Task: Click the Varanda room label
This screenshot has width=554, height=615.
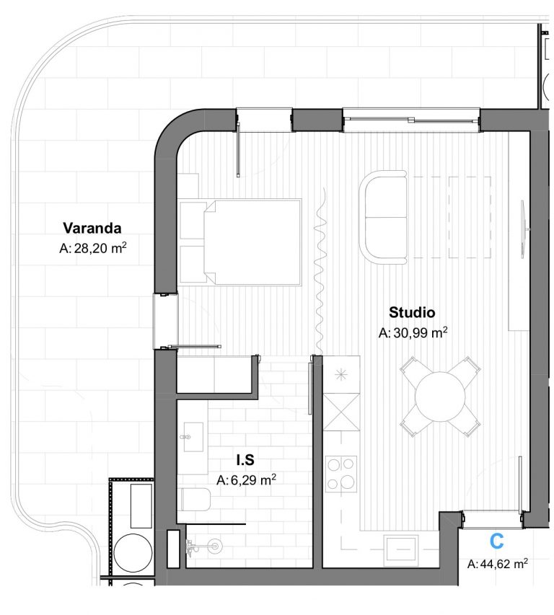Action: [92, 228]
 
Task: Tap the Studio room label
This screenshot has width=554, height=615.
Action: [412, 312]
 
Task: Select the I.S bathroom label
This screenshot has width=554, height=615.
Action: [245, 460]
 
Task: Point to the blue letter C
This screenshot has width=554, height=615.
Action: [497, 541]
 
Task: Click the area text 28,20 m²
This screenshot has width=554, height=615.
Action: [100, 248]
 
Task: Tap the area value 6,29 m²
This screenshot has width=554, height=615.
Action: [253, 479]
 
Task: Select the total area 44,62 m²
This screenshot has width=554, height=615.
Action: [504, 564]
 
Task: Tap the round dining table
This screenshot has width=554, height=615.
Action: [440, 397]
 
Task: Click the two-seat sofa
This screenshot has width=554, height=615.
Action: [383, 217]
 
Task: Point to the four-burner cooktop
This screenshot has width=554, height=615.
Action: [341, 474]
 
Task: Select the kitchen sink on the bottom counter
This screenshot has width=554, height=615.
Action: [401, 549]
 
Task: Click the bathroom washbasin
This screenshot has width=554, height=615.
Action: [193, 436]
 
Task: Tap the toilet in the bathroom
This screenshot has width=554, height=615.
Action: [195, 500]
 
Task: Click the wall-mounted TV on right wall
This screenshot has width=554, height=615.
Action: [524, 229]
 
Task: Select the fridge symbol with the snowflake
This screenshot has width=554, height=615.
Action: [341, 375]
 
